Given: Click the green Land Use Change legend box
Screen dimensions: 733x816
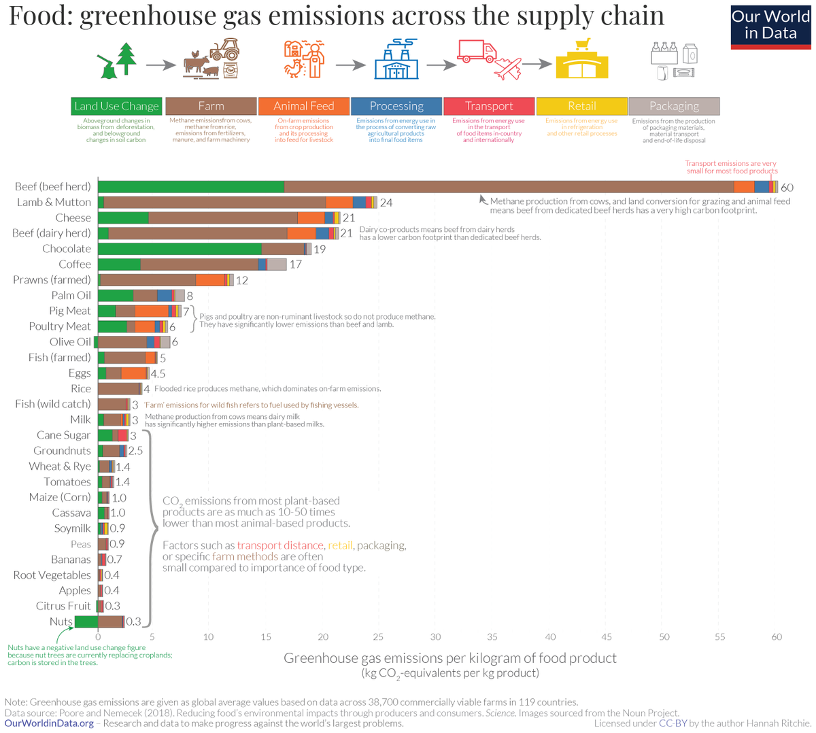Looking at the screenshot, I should (116, 106).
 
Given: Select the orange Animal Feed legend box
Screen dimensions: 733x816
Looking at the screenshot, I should (304, 106).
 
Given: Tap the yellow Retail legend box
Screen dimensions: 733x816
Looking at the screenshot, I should (581, 106).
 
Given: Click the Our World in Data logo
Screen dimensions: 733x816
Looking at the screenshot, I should (770, 27).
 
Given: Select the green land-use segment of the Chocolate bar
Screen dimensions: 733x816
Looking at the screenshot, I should (180, 249).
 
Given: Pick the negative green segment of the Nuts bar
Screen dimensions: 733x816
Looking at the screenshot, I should (86, 621).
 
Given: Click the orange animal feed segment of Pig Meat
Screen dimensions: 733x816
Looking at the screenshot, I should (151, 311).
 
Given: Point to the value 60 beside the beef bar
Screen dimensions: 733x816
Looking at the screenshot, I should (787, 188).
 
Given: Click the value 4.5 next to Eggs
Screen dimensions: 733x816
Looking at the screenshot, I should (158, 373).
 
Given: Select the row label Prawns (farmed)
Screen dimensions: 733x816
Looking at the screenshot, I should (52, 280).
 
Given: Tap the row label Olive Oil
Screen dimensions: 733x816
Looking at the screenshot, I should (70, 342).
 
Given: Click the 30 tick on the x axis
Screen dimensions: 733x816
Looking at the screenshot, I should (435, 637).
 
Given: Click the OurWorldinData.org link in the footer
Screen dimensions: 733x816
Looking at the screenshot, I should (49, 723).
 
